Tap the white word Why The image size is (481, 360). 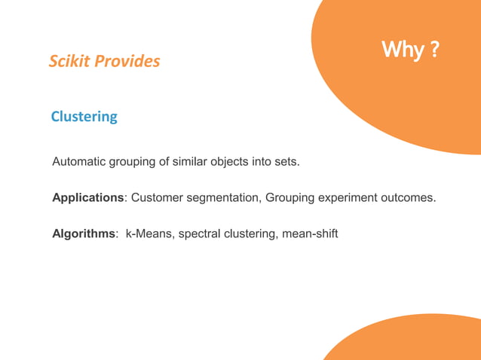click(402, 50)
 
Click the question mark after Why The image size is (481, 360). click(434, 50)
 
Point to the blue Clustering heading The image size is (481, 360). click(84, 117)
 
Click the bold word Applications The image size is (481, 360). click(87, 198)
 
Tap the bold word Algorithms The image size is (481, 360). click(84, 234)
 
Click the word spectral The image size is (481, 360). click(199, 234)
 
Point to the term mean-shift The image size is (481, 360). click(310, 234)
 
